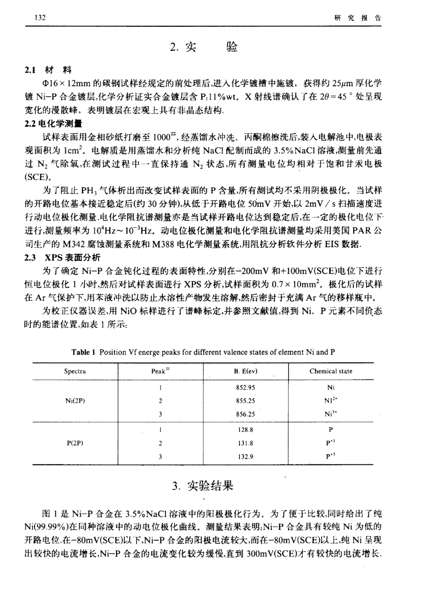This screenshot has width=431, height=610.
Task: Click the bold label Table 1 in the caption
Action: pos(83,352)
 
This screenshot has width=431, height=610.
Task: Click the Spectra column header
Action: pos(75,371)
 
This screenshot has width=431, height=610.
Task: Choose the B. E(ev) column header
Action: pos(245,371)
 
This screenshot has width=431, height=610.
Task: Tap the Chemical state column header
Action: pos(331,371)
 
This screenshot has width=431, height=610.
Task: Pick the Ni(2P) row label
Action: pos(75,401)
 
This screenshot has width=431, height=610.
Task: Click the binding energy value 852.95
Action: pos(245,388)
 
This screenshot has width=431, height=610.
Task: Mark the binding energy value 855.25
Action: pos(245,401)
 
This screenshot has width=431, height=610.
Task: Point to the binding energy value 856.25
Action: pos(245,414)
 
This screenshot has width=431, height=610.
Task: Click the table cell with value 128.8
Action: pos(245,429)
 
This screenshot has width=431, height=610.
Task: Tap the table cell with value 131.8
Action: pos(245,443)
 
